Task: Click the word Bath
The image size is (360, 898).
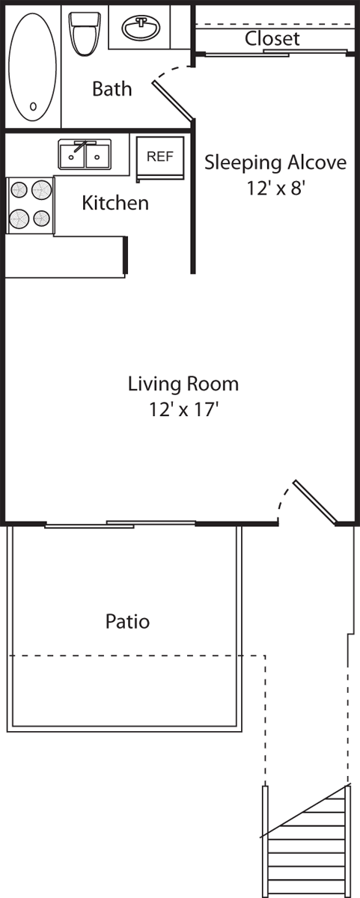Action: click(112, 89)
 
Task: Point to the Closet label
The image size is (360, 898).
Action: click(272, 39)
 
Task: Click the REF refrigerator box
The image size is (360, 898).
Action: click(159, 157)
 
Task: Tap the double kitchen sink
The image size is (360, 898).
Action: click(85, 155)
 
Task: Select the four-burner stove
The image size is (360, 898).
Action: click(31, 204)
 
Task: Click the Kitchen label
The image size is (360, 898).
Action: click(115, 203)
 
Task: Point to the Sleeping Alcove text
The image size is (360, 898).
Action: click(275, 162)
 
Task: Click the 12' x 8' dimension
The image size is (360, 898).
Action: click(276, 188)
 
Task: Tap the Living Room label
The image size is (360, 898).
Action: click(183, 384)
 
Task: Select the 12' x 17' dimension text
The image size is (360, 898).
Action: click(183, 409)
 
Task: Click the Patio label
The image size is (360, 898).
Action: click(127, 621)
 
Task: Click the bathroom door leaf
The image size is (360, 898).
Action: click(174, 100)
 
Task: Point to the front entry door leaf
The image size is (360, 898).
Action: click(315, 500)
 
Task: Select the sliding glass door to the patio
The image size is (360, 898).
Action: click(120, 524)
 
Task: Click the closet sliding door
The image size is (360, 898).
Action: click(273, 53)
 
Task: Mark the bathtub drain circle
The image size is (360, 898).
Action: click(33, 106)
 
